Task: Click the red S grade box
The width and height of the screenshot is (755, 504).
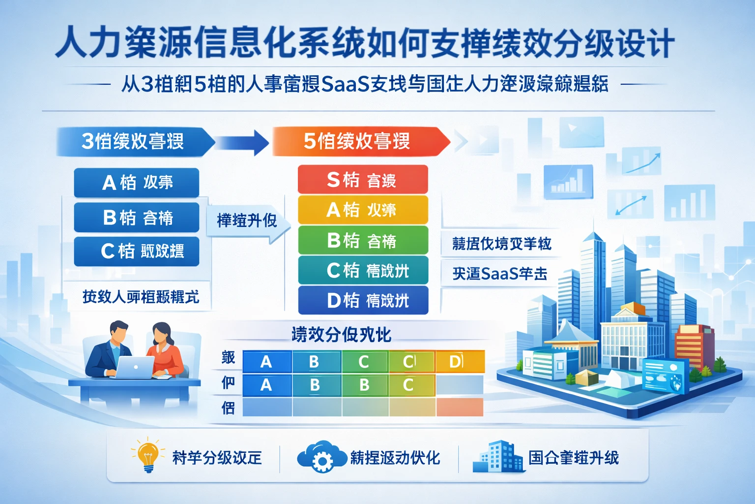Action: pyautogui.click(x=363, y=180)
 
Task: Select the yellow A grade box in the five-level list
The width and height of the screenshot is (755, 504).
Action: pyautogui.click(x=363, y=210)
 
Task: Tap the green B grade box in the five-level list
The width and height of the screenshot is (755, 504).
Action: pyautogui.click(x=363, y=241)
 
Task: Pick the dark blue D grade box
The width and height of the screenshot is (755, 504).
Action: pyautogui.click(x=363, y=300)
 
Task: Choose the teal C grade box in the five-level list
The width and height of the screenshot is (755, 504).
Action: pyautogui.click(x=363, y=270)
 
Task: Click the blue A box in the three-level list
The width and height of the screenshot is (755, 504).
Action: pyautogui.click(x=137, y=183)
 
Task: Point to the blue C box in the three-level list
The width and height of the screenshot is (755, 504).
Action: pyautogui.click(x=137, y=252)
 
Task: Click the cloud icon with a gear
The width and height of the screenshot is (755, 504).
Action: pyautogui.click(x=321, y=457)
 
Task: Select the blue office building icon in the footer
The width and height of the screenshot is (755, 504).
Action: pyautogui.click(x=498, y=457)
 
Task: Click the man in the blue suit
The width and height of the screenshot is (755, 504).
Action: pyautogui.click(x=111, y=348)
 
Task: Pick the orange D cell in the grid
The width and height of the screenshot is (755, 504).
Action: pyautogui.click(x=460, y=362)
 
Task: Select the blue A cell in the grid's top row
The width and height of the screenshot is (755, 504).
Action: pyautogui.click(x=267, y=362)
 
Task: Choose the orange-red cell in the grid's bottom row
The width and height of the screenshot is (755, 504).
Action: pyautogui.click(x=460, y=407)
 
